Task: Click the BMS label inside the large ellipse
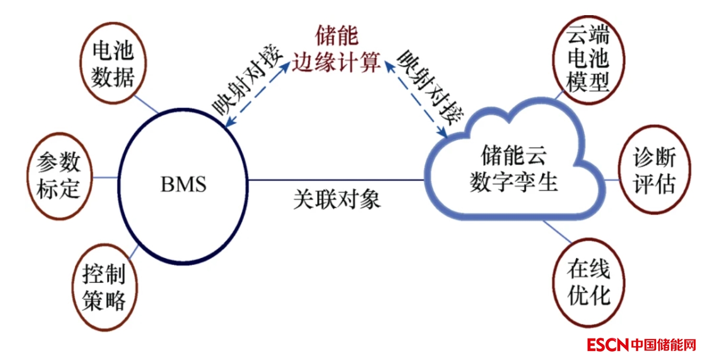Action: [183, 184]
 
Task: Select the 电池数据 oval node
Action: [113, 65]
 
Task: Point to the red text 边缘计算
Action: [336, 63]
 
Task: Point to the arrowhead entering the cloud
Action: [445, 135]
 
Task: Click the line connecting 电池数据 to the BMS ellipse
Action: [147, 104]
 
